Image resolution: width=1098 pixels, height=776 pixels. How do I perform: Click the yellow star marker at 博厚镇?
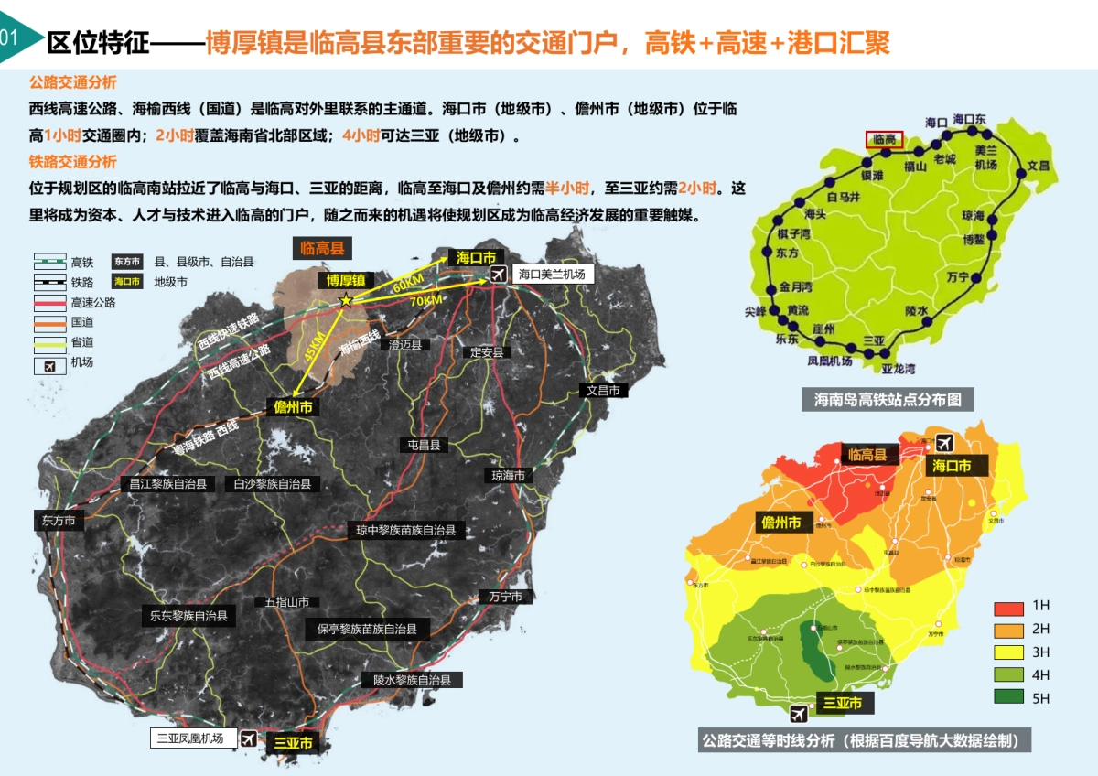click(346, 300)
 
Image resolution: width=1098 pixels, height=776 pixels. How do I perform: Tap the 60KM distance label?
click(408, 282)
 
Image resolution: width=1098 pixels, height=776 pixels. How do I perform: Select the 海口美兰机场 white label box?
click(552, 274)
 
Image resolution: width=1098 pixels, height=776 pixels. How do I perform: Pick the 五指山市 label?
click(292, 602)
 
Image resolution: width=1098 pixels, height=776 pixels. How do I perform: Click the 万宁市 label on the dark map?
click(504, 597)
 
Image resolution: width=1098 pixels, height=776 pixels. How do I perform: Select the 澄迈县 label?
click(405, 344)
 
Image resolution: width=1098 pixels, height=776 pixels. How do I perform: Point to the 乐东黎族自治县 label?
click(189, 616)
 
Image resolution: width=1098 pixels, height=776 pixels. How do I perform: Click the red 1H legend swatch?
click(1008, 607)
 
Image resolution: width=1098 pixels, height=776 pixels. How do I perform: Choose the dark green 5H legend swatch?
click(1008, 697)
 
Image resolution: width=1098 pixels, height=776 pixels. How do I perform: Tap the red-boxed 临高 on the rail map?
click(885, 140)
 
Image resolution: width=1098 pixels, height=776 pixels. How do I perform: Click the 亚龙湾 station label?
click(898, 370)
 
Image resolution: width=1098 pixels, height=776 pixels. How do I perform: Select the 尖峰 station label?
click(756, 311)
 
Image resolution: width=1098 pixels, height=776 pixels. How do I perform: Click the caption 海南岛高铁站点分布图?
click(880, 399)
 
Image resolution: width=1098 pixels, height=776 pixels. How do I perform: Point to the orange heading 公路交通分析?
click(73, 82)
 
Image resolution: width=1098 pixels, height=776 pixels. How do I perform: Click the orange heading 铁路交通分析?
click(73, 162)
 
